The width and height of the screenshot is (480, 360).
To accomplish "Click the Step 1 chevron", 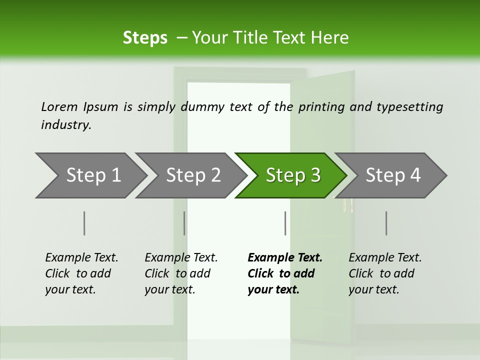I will (92, 175).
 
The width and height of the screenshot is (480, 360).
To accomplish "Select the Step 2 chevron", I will (192, 175).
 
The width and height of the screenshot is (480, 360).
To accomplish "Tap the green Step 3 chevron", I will (292, 175).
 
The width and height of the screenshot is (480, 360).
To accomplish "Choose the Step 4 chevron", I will (392, 175).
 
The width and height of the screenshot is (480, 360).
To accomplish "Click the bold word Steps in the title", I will (145, 38).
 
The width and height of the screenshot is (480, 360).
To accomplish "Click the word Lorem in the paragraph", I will (59, 106).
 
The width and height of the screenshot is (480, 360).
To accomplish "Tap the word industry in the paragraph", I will (65, 125).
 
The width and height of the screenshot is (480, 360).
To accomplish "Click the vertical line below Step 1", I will (84, 223).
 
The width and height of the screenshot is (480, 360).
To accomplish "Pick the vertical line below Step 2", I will (184, 223).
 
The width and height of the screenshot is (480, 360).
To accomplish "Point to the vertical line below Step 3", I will (285, 223).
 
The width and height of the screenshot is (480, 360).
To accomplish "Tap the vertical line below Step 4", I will (386, 223).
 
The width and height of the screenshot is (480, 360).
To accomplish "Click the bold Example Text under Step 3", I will (285, 258).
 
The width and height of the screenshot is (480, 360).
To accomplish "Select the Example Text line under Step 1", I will (81, 258).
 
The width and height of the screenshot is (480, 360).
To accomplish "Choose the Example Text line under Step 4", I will (385, 258).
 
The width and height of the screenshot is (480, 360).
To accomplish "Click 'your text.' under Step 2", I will (169, 289).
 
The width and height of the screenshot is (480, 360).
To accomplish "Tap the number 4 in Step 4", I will (415, 175).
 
